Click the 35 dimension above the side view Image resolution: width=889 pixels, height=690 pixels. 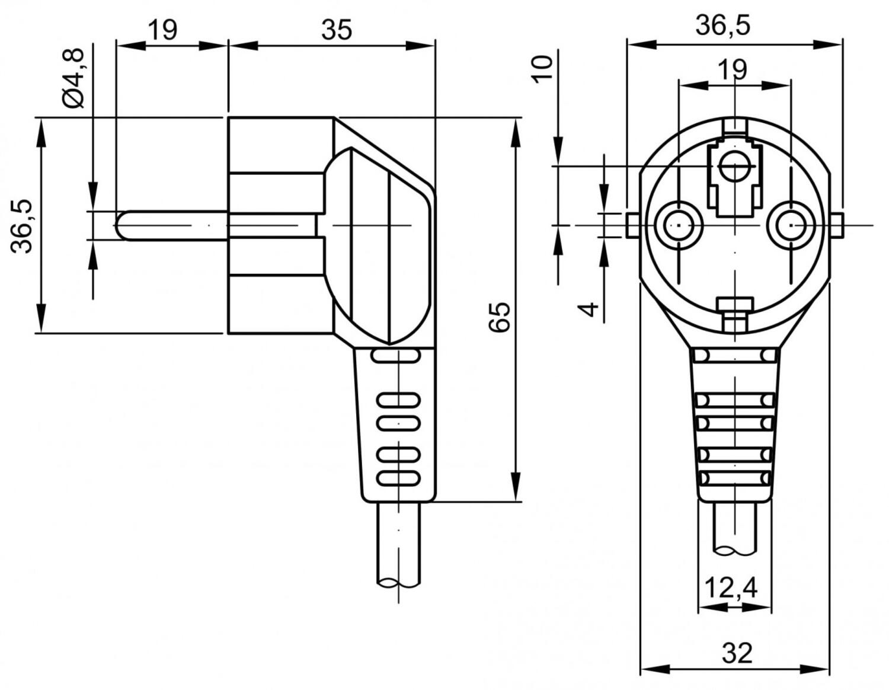point(336,29)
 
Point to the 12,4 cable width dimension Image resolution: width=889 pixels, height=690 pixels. point(731,587)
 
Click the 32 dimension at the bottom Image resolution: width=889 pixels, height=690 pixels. point(737,653)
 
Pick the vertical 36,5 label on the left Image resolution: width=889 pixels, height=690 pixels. point(23,226)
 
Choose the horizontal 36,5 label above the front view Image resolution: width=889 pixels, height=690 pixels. point(722,25)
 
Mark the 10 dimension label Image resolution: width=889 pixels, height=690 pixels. point(542,68)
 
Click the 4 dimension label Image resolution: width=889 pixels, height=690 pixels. point(589,309)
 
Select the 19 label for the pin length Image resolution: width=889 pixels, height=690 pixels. point(162,29)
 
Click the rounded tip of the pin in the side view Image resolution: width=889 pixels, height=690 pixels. point(120,225)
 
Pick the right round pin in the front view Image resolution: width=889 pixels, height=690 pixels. point(791,225)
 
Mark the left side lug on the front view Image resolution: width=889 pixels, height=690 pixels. point(632,226)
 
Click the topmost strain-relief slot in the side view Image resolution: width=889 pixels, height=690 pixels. point(395,356)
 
